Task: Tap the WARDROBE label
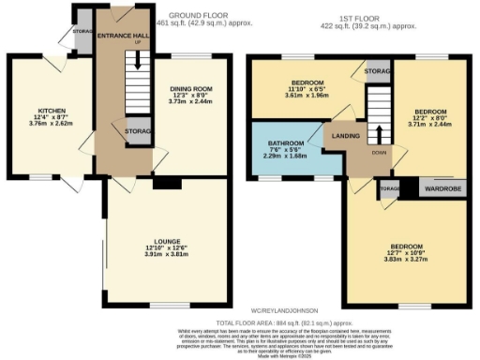[441, 185]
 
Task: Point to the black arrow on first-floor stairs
[379, 132]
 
